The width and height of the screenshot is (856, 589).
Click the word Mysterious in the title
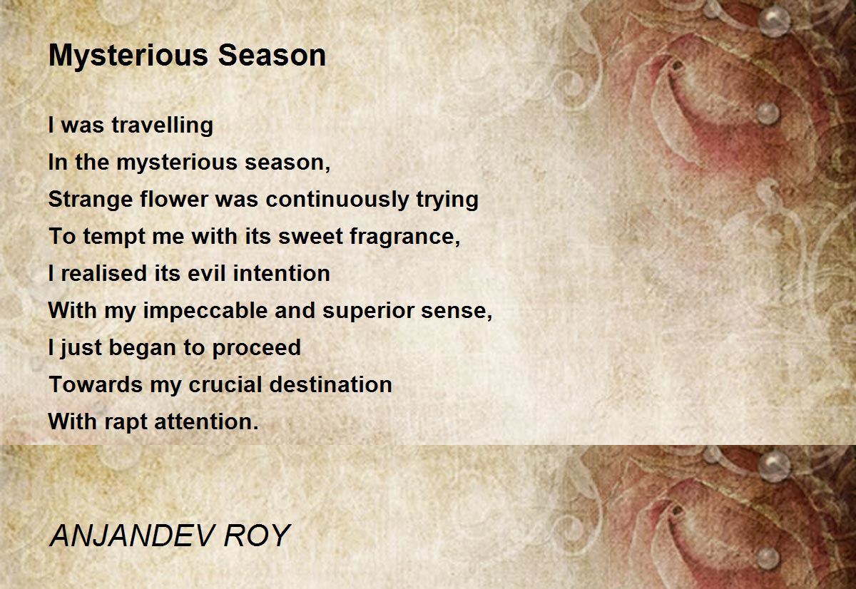[128, 56]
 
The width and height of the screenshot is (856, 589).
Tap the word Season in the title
[272, 55]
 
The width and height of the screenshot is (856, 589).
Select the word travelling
[163, 126]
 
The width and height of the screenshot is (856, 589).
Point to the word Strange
[91, 200]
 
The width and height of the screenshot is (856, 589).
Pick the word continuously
[337, 200]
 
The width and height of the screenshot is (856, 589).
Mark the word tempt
[114, 237]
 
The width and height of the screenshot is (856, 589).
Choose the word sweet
[310, 237]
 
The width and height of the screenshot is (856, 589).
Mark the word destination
[330, 384]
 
